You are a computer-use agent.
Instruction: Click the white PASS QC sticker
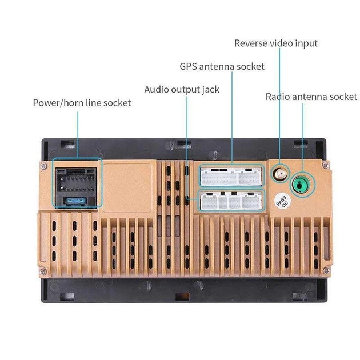pyautogui.click(x=282, y=201)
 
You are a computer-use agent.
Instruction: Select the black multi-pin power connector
pyautogui.click(x=77, y=181)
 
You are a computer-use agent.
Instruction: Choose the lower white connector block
pyautogui.click(x=231, y=201)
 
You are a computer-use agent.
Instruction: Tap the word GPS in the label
pyautogui.click(x=189, y=67)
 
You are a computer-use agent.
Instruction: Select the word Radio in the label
pyautogui.click(x=279, y=97)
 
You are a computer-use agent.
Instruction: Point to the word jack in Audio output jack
pyautogui.click(x=210, y=90)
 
